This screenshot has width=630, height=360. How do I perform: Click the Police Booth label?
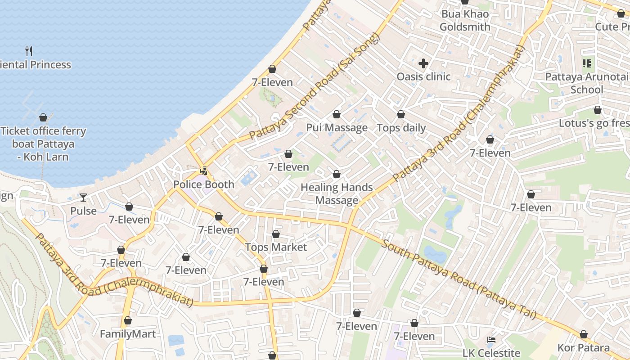(x=204, y=184)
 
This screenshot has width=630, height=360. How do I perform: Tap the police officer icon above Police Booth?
(x=204, y=171)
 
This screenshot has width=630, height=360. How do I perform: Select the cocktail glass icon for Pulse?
(x=83, y=197)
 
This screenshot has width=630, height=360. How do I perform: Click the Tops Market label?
(x=276, y=247)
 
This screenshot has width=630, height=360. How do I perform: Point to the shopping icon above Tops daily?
(x=401, y=115)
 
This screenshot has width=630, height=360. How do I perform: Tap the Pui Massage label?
(x=337, y=128)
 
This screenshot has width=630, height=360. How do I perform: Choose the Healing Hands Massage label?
(x=337, y=193)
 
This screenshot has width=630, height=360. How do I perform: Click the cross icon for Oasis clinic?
(x=423, y=63)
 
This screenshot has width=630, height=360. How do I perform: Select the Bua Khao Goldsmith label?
(x=465, y=20)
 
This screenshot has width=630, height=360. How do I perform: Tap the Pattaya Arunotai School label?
(x=586, y=83)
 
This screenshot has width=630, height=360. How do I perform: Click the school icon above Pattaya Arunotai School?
(x=586, y=63)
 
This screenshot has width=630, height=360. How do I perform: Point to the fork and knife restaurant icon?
(x=29, y=51)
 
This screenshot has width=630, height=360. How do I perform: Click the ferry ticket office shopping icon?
(x=43, y=118)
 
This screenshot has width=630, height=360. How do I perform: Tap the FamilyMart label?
(x=128, y=334)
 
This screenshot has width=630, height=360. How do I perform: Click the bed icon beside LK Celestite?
(x=491, y=340)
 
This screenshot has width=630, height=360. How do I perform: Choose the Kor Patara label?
(x=583, y=348)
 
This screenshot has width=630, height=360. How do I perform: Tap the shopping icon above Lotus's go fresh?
(x=597, y=110)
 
